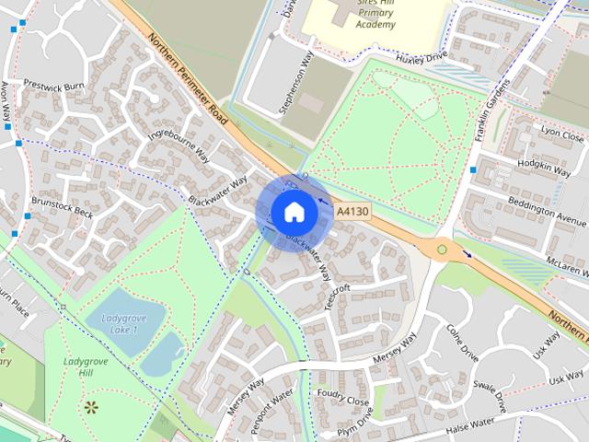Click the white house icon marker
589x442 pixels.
(294, 211)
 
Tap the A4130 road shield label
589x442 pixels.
(352, 211)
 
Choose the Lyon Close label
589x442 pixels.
(562, 134)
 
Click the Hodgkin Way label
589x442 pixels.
(545, 166)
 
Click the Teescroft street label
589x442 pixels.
(338, 299)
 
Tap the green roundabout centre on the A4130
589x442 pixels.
(442, 249)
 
